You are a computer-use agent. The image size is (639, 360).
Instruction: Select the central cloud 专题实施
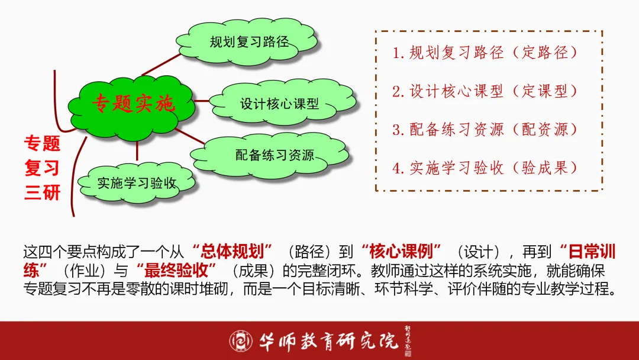tap(133, 105)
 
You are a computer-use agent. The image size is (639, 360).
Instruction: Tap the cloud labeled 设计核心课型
tap(279, 104)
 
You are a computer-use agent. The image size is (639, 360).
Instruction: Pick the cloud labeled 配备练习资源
tap(275, 156)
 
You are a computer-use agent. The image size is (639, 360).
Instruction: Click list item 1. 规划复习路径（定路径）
tap(485, 53)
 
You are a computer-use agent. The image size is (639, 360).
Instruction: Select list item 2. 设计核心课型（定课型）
tap(485, 91)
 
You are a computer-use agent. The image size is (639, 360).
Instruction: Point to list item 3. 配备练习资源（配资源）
tap(485, 130)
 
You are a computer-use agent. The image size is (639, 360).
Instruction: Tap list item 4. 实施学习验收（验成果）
tap(485, 168)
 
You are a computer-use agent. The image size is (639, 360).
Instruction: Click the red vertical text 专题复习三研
tap(42, 168)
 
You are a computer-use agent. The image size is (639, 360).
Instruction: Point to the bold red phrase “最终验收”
tap(177, 271)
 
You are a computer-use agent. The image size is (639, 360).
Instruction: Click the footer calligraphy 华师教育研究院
tap(329, 340)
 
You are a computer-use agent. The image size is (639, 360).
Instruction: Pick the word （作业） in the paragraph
tap(89, 271)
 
